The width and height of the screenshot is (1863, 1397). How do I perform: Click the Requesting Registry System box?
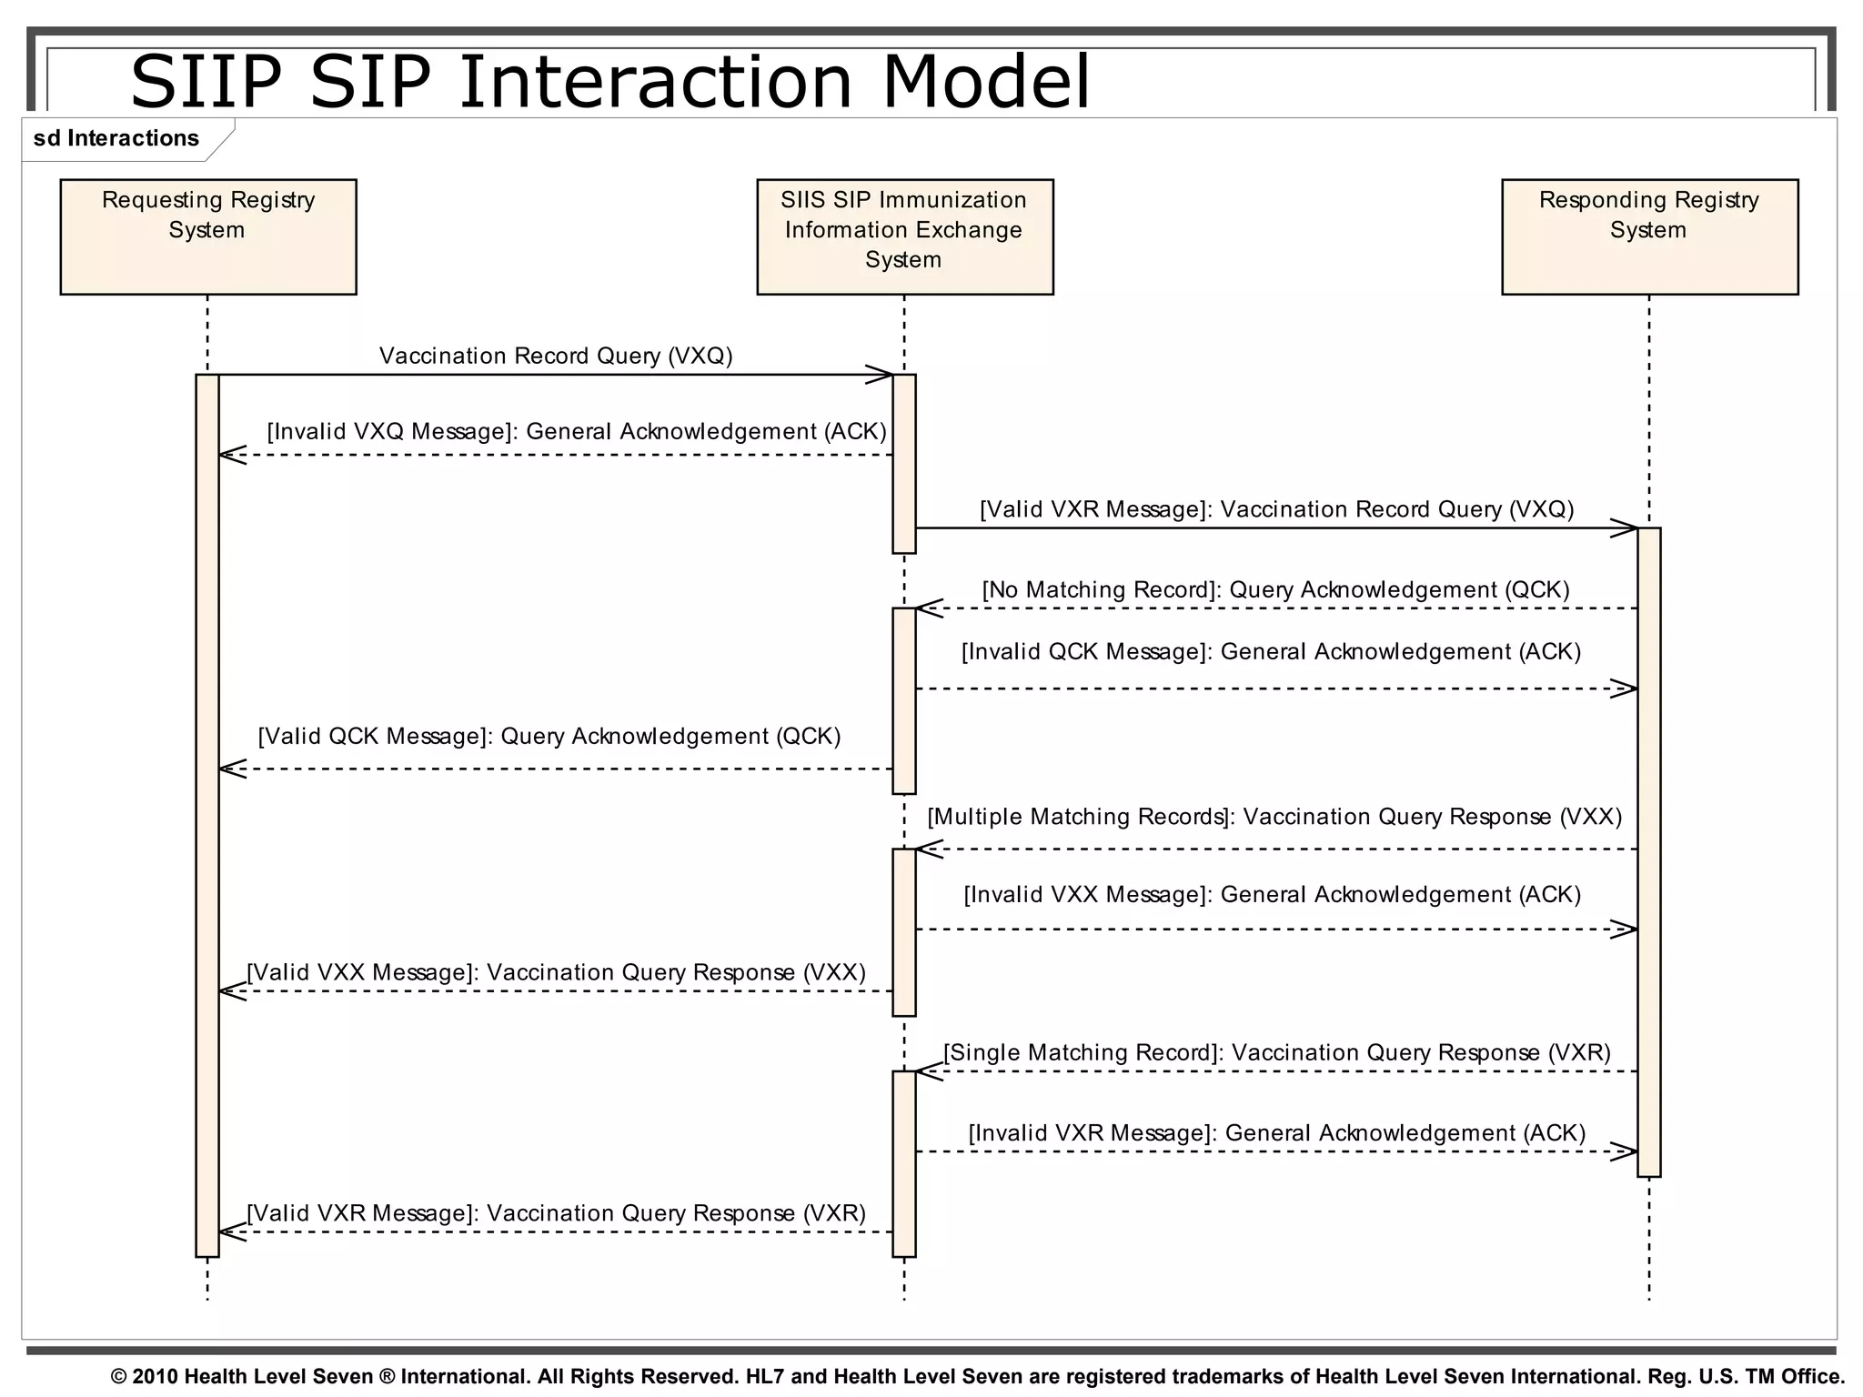pyautogui.click(x=208, y=236)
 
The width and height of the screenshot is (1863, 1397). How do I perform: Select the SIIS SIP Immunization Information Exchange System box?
pyautogui.click(x=904, y=236)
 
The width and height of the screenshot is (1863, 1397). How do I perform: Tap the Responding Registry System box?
pyautogui.click(x=1649, y=236)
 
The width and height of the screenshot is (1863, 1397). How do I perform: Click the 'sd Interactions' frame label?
pyautogui.click(x=116, y=138)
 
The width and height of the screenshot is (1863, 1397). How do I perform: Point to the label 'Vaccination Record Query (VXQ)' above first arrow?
pyautogui.click(x=556, y=356)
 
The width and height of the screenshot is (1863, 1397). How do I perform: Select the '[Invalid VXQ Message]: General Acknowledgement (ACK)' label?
pyautogui.click(x=577, y=431)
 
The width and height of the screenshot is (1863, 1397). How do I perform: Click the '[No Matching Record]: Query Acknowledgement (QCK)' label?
pyautogui.click(x=1276, y=589)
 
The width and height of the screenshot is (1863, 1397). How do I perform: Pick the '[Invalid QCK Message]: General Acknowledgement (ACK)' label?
pyautogui.click(x=1271, y=651)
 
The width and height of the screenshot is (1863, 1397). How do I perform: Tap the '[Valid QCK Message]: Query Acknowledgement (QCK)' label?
pyautogui.click(x=549, y=736)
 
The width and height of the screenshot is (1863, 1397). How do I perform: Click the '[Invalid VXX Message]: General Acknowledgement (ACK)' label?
pyautogui.click(x=1272, y=894)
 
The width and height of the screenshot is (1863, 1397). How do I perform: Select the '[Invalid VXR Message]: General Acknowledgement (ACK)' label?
pyautogui.click(x=1276, y=1132)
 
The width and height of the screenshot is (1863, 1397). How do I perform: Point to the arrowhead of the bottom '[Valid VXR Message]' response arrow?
pyautogui.click(x=232, y=1232)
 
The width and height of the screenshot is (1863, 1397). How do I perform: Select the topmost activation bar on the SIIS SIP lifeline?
pyautogui.click(x=904, y=463)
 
